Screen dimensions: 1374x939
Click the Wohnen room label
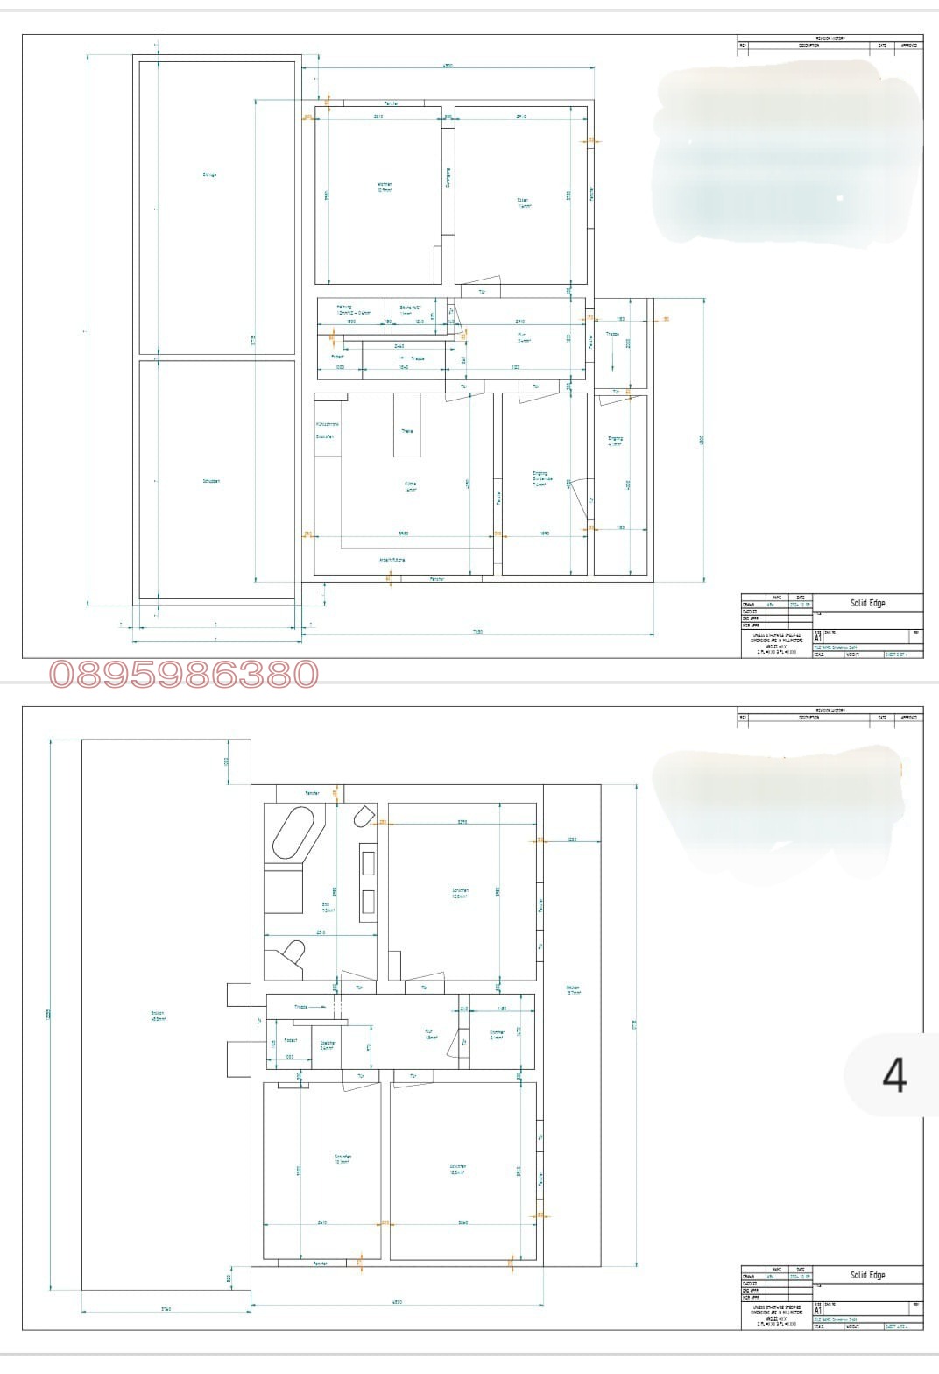pos(385,186)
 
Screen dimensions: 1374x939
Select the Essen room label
pos(524,202)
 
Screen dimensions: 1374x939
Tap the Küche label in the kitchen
pos(410,486)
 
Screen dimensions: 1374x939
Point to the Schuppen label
pos(210,481)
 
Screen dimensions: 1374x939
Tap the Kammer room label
pos(497,1034)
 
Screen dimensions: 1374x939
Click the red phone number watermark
pos(184,674)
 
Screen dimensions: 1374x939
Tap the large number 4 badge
pos(893,1075)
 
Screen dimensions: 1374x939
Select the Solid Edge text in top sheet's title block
pos(867,603)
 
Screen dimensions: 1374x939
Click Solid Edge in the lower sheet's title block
pos(867,1275)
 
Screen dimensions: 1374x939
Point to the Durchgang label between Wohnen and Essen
pos(448,178)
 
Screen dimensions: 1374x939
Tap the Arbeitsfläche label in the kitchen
pos(392,560)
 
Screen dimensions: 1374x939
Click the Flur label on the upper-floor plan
pos(431,1034)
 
